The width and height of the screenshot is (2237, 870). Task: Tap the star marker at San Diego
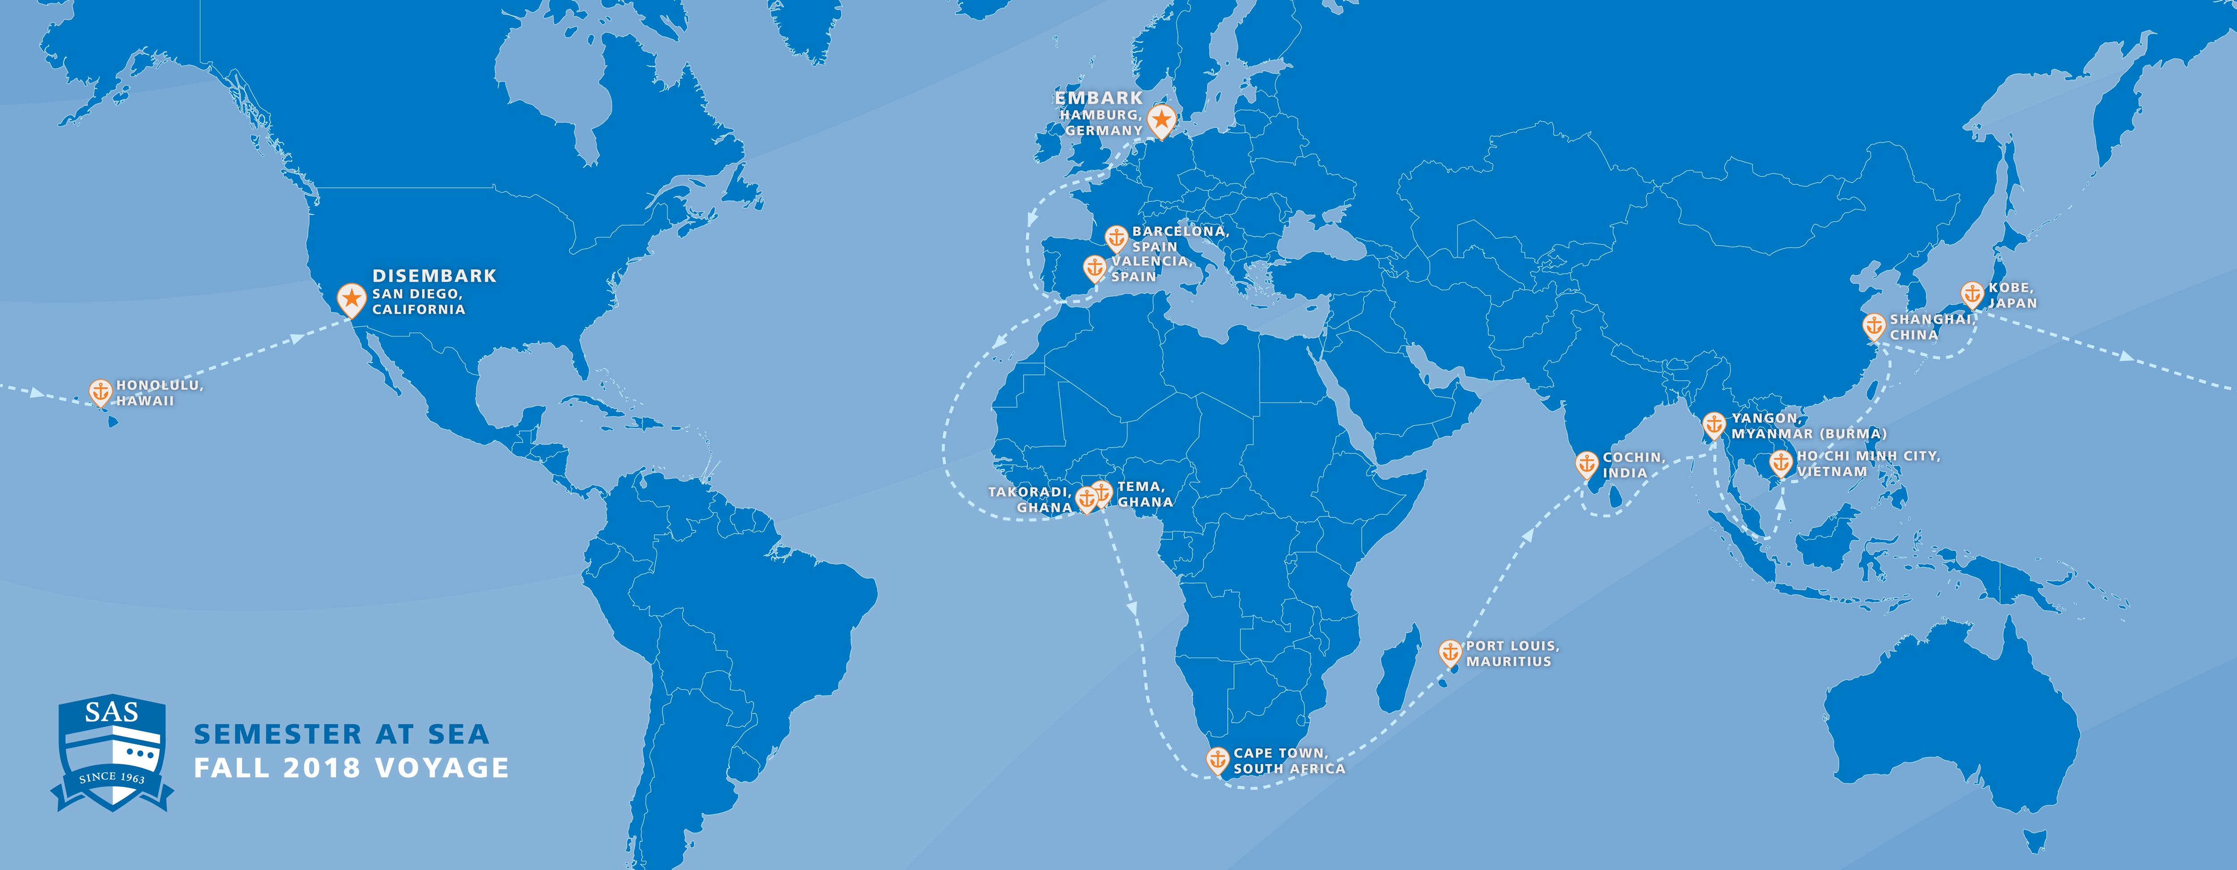point(352,299)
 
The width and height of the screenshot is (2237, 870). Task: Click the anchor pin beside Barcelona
point(1116,237)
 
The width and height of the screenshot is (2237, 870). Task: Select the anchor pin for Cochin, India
point(1586,464)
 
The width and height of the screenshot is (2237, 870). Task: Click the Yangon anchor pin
point(1714,424)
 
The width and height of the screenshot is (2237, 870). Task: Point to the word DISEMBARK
point(434,276)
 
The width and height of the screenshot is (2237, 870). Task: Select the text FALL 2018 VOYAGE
point(351,768)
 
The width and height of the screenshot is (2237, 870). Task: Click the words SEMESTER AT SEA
point(341,734)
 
